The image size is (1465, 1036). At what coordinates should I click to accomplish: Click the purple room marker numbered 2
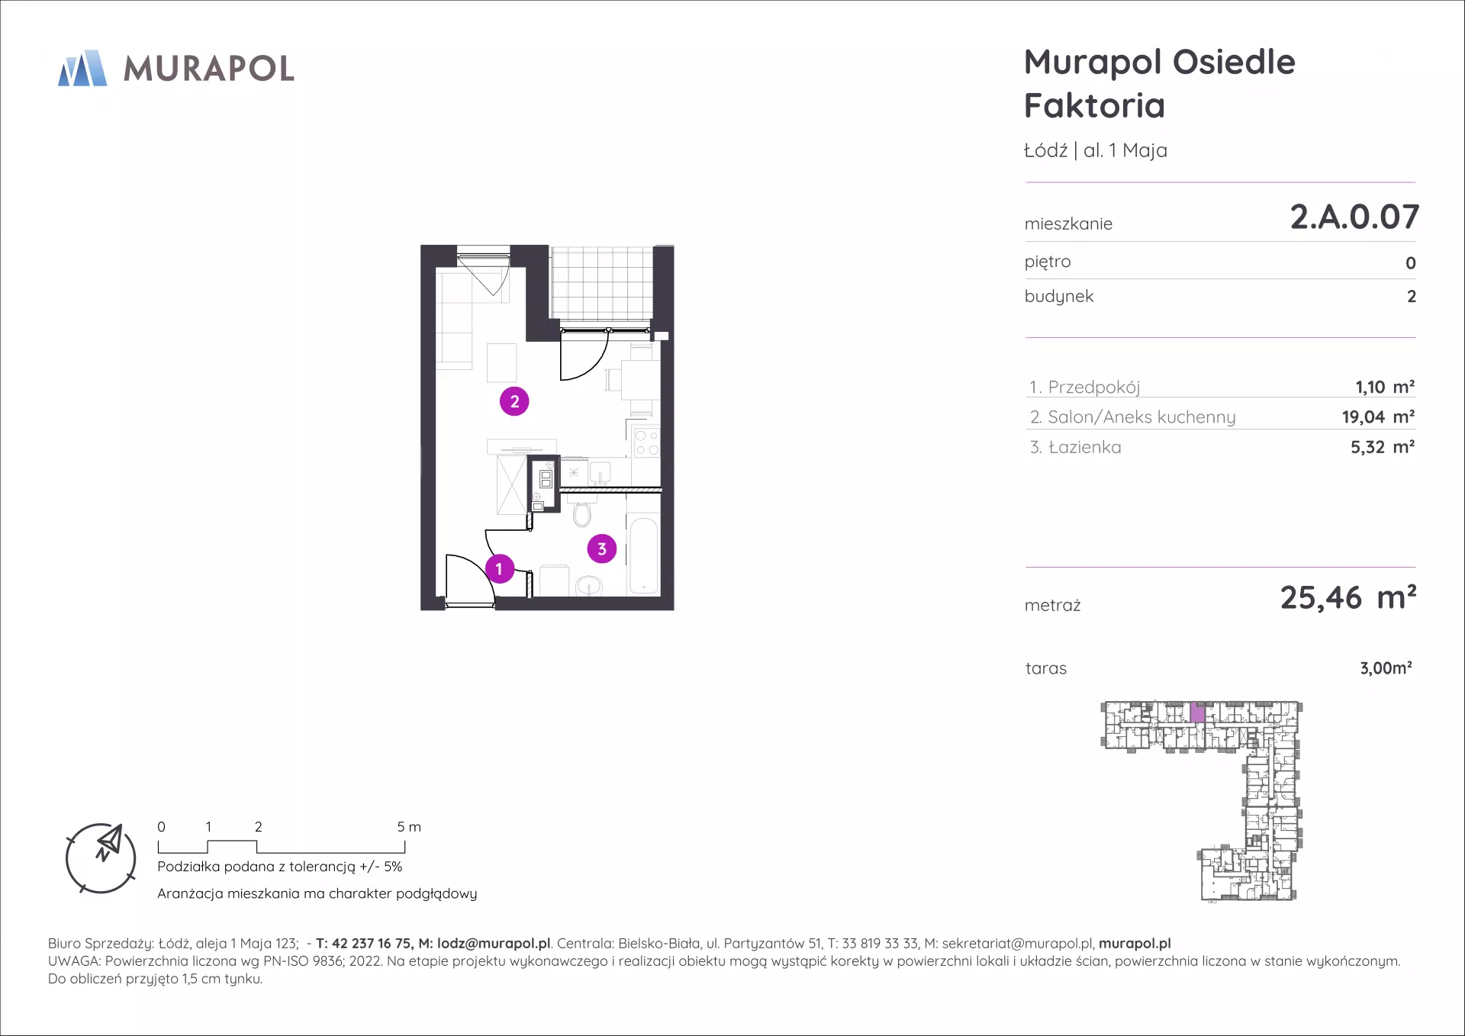click(x=514, y=401)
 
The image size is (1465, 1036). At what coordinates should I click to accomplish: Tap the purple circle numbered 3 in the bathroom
click(x=602, y=549)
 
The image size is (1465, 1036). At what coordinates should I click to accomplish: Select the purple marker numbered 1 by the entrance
click(x=499, y=569)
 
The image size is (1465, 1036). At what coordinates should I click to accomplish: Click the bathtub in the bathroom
click(x=644, y=555)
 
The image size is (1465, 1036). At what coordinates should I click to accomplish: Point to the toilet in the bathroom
click(x=582, y=510)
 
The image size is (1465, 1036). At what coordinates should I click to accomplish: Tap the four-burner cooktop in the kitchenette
click(x=646, y=442)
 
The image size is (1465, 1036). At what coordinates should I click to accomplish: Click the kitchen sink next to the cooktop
click(x=600, y=471)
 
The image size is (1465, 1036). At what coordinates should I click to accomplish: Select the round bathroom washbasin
click(x=588, y=586)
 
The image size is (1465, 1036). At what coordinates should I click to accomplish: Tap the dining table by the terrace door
click(x=640, y=379)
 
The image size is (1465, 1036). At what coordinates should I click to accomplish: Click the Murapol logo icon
click(x=82, y=68)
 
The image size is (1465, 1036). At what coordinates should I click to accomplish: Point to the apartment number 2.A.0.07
click(x=1354, y=217)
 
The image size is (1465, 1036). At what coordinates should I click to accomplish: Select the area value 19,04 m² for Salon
click(x=1378, y=417)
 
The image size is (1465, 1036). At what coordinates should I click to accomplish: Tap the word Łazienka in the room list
click(x=1084, y=447)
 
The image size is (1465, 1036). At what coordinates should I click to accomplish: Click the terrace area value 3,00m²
click(x=1386, y=668)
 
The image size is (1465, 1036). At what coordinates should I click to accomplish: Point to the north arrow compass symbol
click(x=101, y=858)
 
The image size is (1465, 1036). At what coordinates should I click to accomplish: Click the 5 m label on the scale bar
click(x=409, y=827)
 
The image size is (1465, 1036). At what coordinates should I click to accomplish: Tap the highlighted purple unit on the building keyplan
click(x=1197, y=713)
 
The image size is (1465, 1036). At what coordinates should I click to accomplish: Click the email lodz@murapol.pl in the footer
click(x=494, y=944)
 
